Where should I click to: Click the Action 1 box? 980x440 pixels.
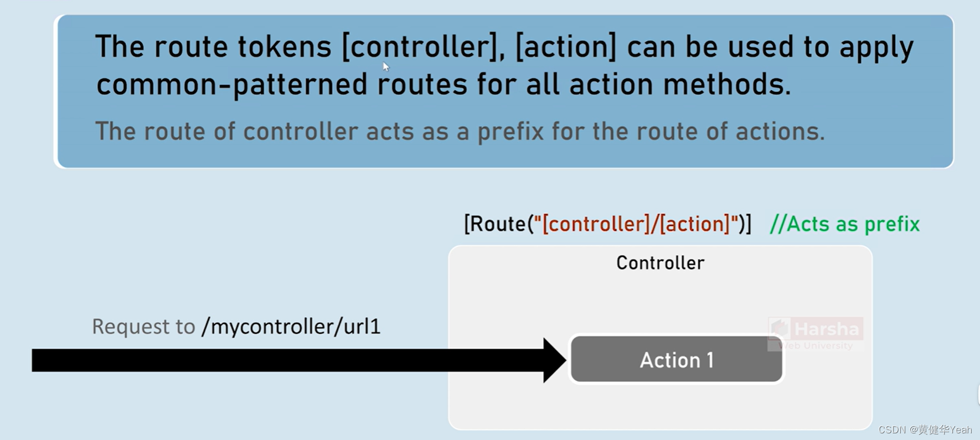click(677, 360)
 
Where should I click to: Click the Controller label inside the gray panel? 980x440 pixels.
click(660, 263)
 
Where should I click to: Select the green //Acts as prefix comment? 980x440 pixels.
click(844, 224)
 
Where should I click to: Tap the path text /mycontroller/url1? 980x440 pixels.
click(291, 327)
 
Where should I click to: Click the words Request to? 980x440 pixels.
click(143, 327)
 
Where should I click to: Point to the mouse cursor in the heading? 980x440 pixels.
click(386, 66)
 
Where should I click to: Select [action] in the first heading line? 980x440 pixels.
click(565, 47)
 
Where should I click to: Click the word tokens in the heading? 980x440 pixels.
click(285, 47)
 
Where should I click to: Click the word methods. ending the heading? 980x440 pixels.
click(727, 85)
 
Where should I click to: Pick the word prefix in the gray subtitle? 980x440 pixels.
click(510, 132)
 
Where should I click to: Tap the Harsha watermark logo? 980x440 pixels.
click(816, 334)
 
